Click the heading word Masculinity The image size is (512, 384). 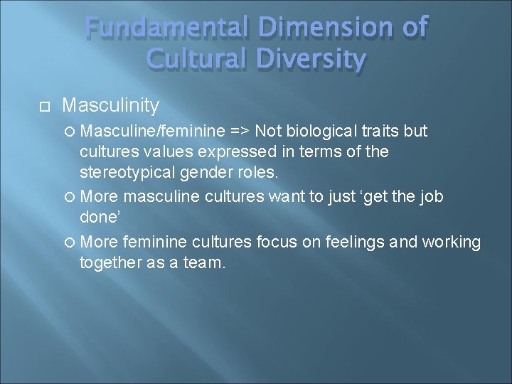tap(110, 106)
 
